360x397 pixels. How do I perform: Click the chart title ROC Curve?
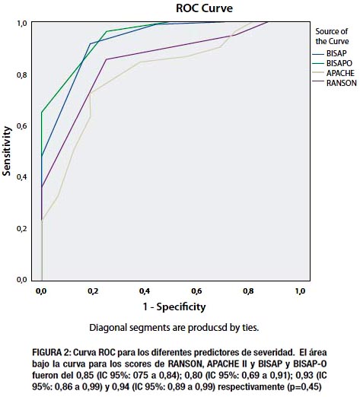204,8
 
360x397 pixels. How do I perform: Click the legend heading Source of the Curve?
332,37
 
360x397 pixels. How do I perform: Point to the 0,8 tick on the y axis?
22,75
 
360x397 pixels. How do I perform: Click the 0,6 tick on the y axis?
22,126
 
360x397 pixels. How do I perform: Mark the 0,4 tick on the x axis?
145,291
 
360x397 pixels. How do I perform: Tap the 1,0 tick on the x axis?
300,291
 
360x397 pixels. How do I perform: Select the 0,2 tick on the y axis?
22,228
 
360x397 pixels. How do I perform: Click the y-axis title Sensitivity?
7,151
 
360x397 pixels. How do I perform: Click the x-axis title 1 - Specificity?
174,307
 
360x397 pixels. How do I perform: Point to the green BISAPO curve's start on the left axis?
42,113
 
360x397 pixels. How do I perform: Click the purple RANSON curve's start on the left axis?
42,187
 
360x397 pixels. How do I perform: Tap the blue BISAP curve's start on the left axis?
42,156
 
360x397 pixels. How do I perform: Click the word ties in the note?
250,328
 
